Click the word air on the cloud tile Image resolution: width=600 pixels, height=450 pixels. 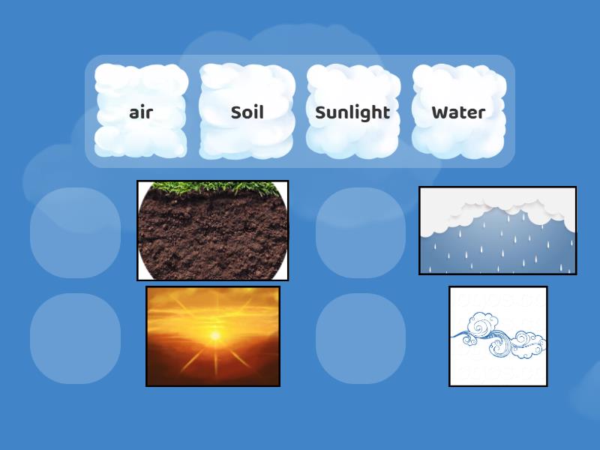click(141, 112)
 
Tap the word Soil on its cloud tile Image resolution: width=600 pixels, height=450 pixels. click(247, 112)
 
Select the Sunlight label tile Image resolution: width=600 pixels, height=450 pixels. click(352, 112)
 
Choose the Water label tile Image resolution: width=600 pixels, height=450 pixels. click(458, 112)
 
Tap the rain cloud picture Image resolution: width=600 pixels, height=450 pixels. click(497, 230)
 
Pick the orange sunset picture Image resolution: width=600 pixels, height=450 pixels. click(213, 336)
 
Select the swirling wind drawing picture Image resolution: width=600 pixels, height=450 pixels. click(498, 336)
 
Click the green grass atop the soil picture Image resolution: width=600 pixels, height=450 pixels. click(213, 185)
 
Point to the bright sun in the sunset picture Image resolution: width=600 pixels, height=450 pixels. click(215, 335)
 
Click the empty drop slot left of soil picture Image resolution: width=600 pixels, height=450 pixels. click(75, 232)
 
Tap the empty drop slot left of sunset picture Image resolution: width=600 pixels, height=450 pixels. click(75, 338)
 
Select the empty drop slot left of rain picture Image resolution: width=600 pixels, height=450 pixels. click(361, 232)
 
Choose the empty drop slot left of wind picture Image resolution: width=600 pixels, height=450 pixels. click(361, 338)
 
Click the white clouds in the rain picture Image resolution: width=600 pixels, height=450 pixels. click(497, 206)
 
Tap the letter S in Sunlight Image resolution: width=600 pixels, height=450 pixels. click(321, 112)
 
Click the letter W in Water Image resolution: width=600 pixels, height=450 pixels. click(439, 112)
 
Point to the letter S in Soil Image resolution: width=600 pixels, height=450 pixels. click(235, 112)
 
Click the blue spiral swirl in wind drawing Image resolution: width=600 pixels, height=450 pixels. click(479, 329)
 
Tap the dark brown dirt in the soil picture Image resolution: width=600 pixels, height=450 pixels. click(213, 240)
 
